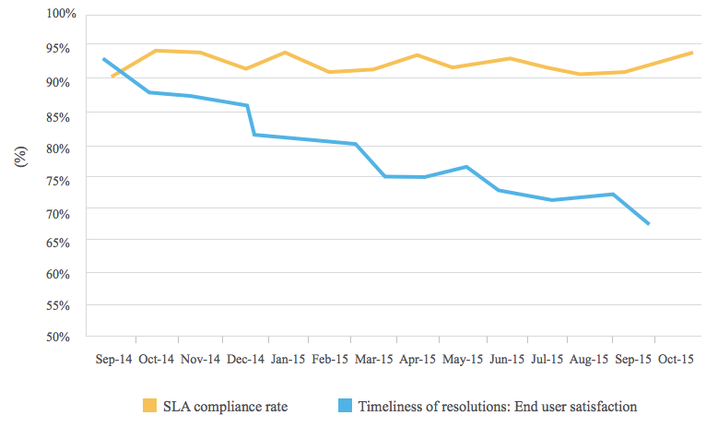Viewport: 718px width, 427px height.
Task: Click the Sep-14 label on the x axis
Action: point(112,360)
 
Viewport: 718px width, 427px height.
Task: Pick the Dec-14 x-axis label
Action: point(245,360)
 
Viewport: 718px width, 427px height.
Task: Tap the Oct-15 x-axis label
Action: point(676,360)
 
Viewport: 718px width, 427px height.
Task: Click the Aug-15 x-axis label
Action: point(591,360)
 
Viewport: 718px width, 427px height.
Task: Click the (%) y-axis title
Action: point(21,156)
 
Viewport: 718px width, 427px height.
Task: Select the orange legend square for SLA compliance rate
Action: point(149,406)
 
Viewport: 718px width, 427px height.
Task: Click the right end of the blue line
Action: point(650,224)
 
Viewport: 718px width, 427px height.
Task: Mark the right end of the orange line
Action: point(692,53)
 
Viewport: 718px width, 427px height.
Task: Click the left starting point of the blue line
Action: point(103,59)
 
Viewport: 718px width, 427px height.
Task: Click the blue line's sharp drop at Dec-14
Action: point(251,120)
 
